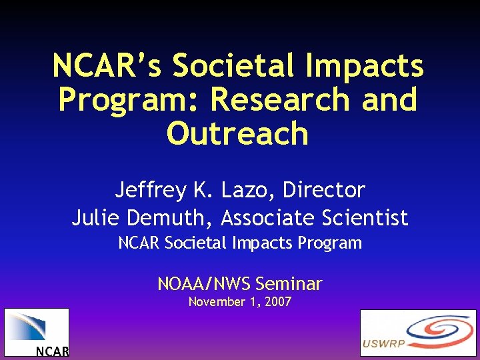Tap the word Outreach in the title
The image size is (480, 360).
[x=239, y=133]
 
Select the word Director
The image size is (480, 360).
[x=324, y=191]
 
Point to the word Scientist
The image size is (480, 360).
[x=363, y=218]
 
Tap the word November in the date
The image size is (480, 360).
[x=215, y=302]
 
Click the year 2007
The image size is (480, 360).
[x=278, y=302]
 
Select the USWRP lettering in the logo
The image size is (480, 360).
[x=385, y=345]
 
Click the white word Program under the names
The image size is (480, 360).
[x=331, y=243]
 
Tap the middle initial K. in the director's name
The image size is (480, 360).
[x=205, y=191]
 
